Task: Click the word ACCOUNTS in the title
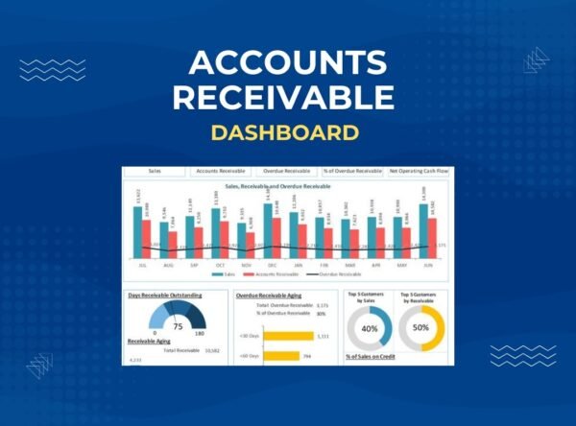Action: (x=288, y=63)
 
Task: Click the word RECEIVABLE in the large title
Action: (x=288, y=97)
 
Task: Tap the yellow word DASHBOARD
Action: (x=288, y=130)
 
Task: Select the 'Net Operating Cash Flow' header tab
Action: (x=420, y=171)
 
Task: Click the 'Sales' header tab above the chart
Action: (x=155, y=171)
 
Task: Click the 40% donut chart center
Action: (x=369, y=328)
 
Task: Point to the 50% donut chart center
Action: (x=420, y=328)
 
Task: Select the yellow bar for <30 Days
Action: (x=287, y=335)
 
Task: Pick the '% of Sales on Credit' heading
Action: (x=373, y=357)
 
